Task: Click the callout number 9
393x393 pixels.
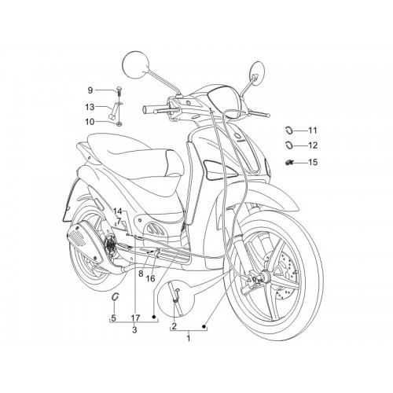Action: point(90,90)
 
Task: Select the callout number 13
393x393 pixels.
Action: point(90,107)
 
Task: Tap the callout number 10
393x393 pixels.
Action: point(90,122)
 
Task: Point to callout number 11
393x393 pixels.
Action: point(313,130)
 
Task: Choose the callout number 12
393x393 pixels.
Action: point(313,145)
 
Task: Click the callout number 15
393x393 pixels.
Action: point(313,162)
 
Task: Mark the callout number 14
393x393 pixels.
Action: point(118,211)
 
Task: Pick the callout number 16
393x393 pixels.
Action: point(151,278)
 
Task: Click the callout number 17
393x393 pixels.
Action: point(135,318)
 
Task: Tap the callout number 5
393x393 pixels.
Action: point(113,318)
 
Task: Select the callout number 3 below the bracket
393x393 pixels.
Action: point(134,329)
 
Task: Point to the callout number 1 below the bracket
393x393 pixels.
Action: point(188,338)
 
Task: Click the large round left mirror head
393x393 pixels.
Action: point(136,64)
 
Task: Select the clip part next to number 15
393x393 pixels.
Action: point(289,163)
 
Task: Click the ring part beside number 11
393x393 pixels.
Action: point(288,130)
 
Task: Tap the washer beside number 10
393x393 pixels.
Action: point(119,123)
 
